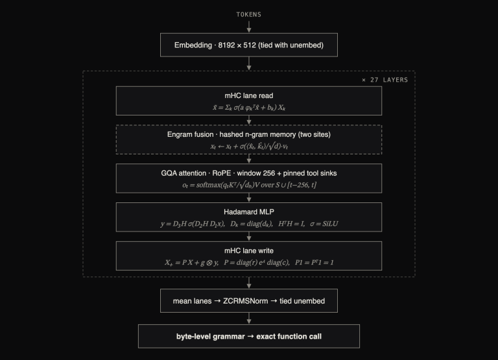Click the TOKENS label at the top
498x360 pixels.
tap(249, 15)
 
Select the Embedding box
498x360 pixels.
tap(249, 45)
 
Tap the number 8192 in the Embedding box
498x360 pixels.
tap(226, 45)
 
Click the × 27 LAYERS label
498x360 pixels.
tap(385, 80)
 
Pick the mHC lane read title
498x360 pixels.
tap(249, 95)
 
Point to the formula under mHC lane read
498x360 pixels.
tap(249, 108)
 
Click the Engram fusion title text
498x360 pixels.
tap(249, 134)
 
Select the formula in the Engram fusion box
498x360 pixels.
tap(249, 146)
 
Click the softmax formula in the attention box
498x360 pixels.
tap(249, 185)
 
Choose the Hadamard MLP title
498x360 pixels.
tap(249, 212)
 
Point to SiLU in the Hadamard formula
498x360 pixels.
tap(330, 224)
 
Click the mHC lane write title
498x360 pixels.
tap(249, 250)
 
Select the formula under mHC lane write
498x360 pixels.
tap(249, 263)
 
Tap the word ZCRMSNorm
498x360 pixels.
tap(246, 301)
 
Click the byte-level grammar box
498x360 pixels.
tap(249, 336)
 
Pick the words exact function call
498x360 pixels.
tap(289, 337)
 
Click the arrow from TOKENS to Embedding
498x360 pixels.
tap(249, 27)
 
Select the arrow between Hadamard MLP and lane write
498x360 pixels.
tap(249, 236)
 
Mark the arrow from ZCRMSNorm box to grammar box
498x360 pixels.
tap(249, 318)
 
